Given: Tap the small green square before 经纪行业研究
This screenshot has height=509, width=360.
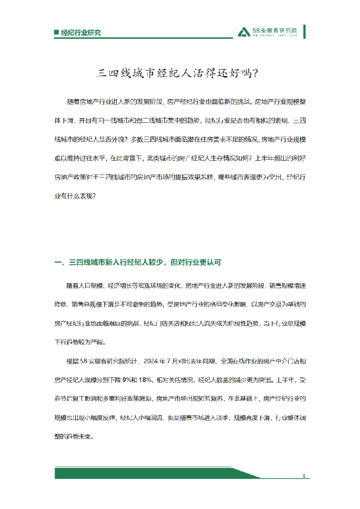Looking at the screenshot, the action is tap(56, 32).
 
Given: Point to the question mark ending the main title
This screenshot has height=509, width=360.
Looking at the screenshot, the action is tap(259, 74).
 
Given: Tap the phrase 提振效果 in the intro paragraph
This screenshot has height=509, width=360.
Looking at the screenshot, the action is tap(197, 177).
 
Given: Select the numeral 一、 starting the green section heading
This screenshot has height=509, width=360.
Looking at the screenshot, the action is tap(59, 262).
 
